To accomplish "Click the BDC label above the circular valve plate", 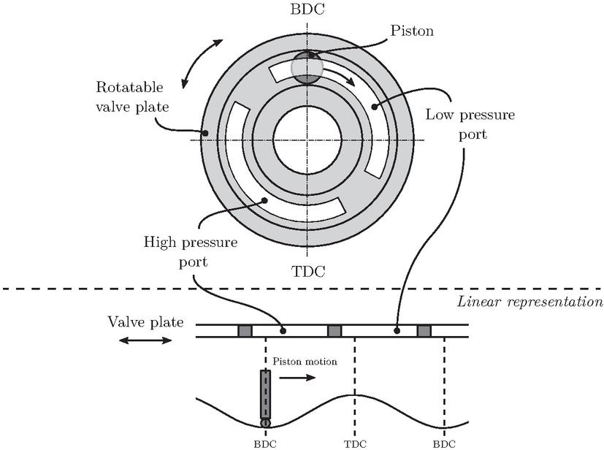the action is click(307, 9).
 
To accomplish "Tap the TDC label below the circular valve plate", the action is click(307, 272).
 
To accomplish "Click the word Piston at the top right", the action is click(412, 31).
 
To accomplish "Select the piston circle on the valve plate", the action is click(307, 67).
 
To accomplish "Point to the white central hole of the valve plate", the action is click(307, 140).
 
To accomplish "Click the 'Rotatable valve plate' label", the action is click(132, 96).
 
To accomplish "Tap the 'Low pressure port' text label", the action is click(470, 124).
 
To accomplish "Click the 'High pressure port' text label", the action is click(191, 252).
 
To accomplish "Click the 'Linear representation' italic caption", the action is click(530, 302).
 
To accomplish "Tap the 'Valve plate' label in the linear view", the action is click(145, 321).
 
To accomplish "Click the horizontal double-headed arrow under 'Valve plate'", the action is click(145, 340).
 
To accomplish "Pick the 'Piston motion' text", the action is click(305, 362).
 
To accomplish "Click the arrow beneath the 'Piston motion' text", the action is click(297, 378).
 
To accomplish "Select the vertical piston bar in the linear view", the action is click(265, 394).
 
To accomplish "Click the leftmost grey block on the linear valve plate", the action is click(245, 331).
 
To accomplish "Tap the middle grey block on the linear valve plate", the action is click(335, 331).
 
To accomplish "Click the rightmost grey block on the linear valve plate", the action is click(424, 331).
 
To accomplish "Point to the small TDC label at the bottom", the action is click(355, 444).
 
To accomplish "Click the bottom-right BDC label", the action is click(444, 444).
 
